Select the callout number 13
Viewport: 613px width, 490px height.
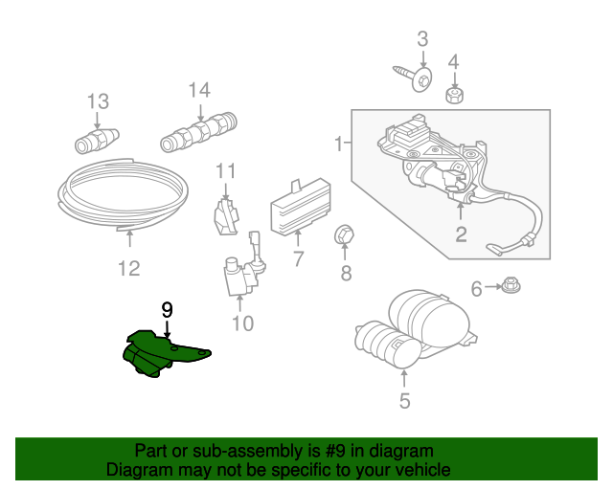(x=98, y=100)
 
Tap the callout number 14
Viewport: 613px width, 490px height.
(x=198, y=90)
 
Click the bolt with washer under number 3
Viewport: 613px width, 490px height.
(x=414, y=76)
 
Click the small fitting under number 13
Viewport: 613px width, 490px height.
(x=96, y=140)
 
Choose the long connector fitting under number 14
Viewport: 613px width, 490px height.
(x=198, y=132)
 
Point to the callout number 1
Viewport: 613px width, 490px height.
(x=338, y=145)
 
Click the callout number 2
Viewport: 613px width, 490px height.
(x=461, y=234)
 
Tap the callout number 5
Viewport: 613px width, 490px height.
(x=404, y=401)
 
